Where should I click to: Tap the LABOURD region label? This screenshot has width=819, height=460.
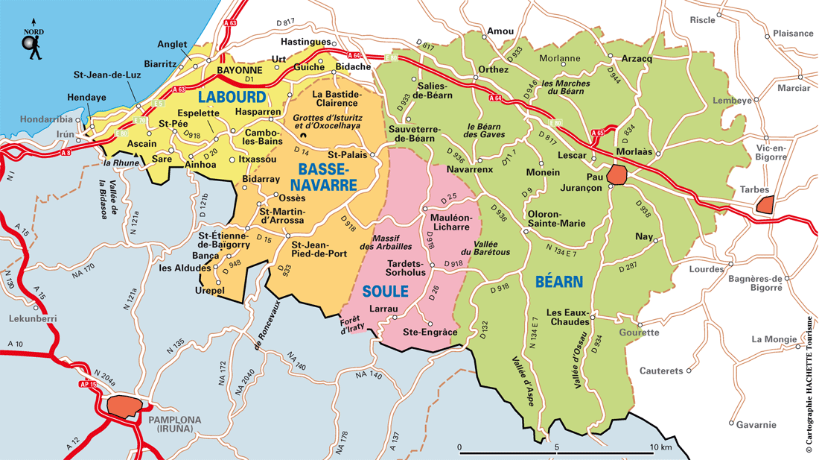232,97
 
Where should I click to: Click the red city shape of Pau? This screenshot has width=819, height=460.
616,176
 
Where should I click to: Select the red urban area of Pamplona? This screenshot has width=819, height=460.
124,406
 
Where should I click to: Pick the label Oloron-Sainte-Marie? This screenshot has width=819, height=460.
556,218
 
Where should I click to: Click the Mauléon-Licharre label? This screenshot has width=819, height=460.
450,221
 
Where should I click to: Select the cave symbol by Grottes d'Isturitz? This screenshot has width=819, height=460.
303,134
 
